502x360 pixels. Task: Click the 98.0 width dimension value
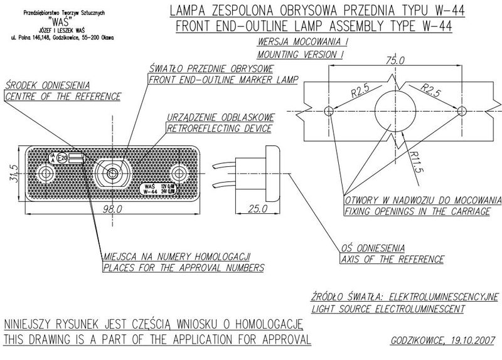tap(113, 209)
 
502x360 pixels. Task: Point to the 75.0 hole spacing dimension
tap(395, 60)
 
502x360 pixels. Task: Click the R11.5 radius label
tap(415, 162)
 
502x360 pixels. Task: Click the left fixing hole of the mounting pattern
tap(329, 112)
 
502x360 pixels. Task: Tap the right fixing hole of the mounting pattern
tap(462, 112)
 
